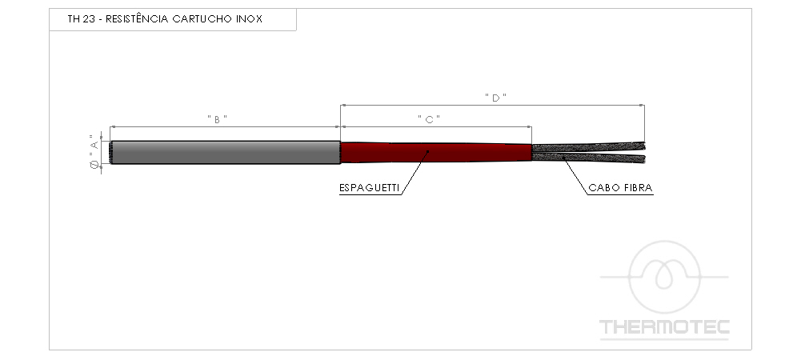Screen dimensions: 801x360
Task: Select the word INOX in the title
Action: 249,19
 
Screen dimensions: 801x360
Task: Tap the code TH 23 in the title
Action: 82,19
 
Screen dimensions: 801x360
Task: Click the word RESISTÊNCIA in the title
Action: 137,19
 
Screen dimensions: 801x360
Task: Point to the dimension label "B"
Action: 217,119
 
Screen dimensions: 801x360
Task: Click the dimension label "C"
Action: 429,119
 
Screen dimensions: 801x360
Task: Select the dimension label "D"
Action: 495,98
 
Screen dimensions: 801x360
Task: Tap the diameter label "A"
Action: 94,143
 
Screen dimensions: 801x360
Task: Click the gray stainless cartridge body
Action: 226,152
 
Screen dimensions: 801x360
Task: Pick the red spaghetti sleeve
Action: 436,152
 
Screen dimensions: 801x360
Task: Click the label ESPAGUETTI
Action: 370,188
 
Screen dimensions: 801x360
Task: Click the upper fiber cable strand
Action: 588,147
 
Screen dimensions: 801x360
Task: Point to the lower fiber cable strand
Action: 588,158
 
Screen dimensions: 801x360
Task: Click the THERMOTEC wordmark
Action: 664,327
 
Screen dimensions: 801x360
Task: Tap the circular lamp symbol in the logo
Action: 664,277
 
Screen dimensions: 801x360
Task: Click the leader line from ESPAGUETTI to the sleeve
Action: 415,172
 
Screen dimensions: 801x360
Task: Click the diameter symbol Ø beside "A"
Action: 94,165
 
